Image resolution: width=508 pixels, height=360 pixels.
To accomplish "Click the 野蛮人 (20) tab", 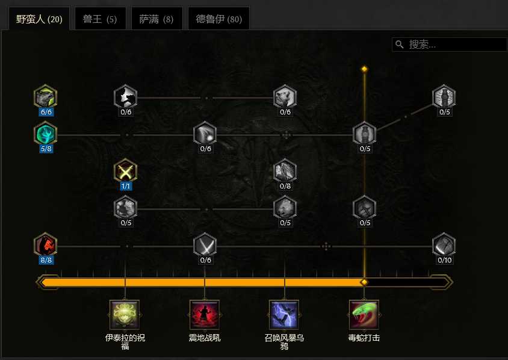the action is coord(39,19).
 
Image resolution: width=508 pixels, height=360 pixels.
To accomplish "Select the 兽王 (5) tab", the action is coord(100,19).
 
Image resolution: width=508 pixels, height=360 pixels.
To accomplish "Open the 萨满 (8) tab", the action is coord(156,19).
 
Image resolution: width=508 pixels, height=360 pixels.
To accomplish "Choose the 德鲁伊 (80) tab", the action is coord(218,19).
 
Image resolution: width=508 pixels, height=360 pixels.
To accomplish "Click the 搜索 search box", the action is coord(450,45).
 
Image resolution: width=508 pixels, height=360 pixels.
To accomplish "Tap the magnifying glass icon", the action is coord(400,45).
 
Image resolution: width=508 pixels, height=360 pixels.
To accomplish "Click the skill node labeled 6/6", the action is coord(45,96).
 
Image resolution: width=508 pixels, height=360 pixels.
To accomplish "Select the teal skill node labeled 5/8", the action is coord(45,133).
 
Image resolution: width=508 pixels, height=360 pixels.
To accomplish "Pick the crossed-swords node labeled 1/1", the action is coord(125,170).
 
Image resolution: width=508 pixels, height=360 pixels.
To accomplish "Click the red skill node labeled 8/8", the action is coord(45,244).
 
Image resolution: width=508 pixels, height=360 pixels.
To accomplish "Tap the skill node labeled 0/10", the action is coord(444,244).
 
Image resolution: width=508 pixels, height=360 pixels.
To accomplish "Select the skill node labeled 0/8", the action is coord(285,170).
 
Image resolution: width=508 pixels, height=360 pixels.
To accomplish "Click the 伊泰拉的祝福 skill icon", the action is coord(125,315).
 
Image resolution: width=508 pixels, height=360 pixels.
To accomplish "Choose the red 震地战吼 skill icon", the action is coord(205,315).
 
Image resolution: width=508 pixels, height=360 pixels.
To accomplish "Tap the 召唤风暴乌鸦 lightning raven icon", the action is coord(284,315).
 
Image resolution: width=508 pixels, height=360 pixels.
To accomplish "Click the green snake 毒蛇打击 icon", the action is coord(364,315).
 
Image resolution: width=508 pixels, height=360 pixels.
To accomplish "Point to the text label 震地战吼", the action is coord(205,338).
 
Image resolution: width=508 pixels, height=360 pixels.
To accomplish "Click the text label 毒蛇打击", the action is coord(364,338).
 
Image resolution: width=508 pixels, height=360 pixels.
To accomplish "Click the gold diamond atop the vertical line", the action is coord(365,69).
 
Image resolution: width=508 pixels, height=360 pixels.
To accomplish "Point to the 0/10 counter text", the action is coord(444,260).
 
